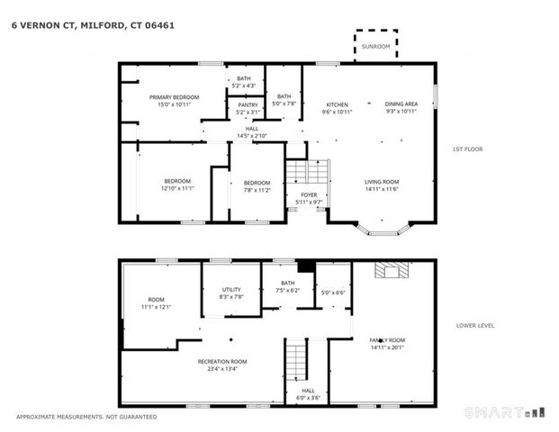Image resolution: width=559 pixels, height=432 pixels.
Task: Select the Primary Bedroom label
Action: tap(174, 97)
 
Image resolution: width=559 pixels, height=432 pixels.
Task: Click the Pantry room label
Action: tap(248, 104)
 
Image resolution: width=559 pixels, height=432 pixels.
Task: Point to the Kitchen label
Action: tap(337, 104)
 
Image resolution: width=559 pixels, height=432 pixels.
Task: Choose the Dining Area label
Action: tap(401, 104)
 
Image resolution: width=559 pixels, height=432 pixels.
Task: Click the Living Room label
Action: tap(382, 181)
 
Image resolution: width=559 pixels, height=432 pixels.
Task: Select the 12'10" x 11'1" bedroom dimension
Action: tap(177, 189)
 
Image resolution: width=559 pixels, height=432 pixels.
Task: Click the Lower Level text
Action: tap(476, 326)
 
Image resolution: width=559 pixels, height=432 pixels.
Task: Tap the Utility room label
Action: tap(231, 289)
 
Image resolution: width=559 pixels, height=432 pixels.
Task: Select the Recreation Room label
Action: tap(222, 361)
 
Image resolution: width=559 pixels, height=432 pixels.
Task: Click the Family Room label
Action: tap(386, 340)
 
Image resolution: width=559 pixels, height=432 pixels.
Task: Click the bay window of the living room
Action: tap(384, 229)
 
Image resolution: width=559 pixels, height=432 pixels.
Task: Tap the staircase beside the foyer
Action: tap(308, 170)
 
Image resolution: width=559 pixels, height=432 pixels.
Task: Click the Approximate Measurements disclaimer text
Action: tap(86, 417)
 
